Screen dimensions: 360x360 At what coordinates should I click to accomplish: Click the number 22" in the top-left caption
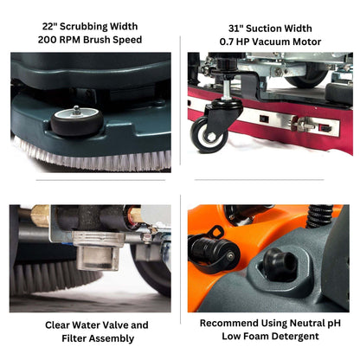click(49, 24)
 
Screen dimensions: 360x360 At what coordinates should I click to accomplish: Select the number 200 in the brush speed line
click(51, 40)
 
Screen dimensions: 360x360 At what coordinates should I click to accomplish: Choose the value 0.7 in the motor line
click(228, 42)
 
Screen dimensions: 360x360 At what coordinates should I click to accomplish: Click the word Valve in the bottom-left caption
click(110, 325)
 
